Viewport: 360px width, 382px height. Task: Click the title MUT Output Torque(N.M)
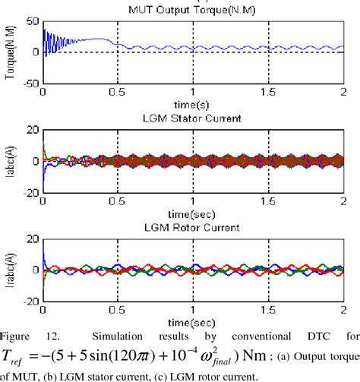point(194,8)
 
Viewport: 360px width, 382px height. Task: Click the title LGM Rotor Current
point(194,226)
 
